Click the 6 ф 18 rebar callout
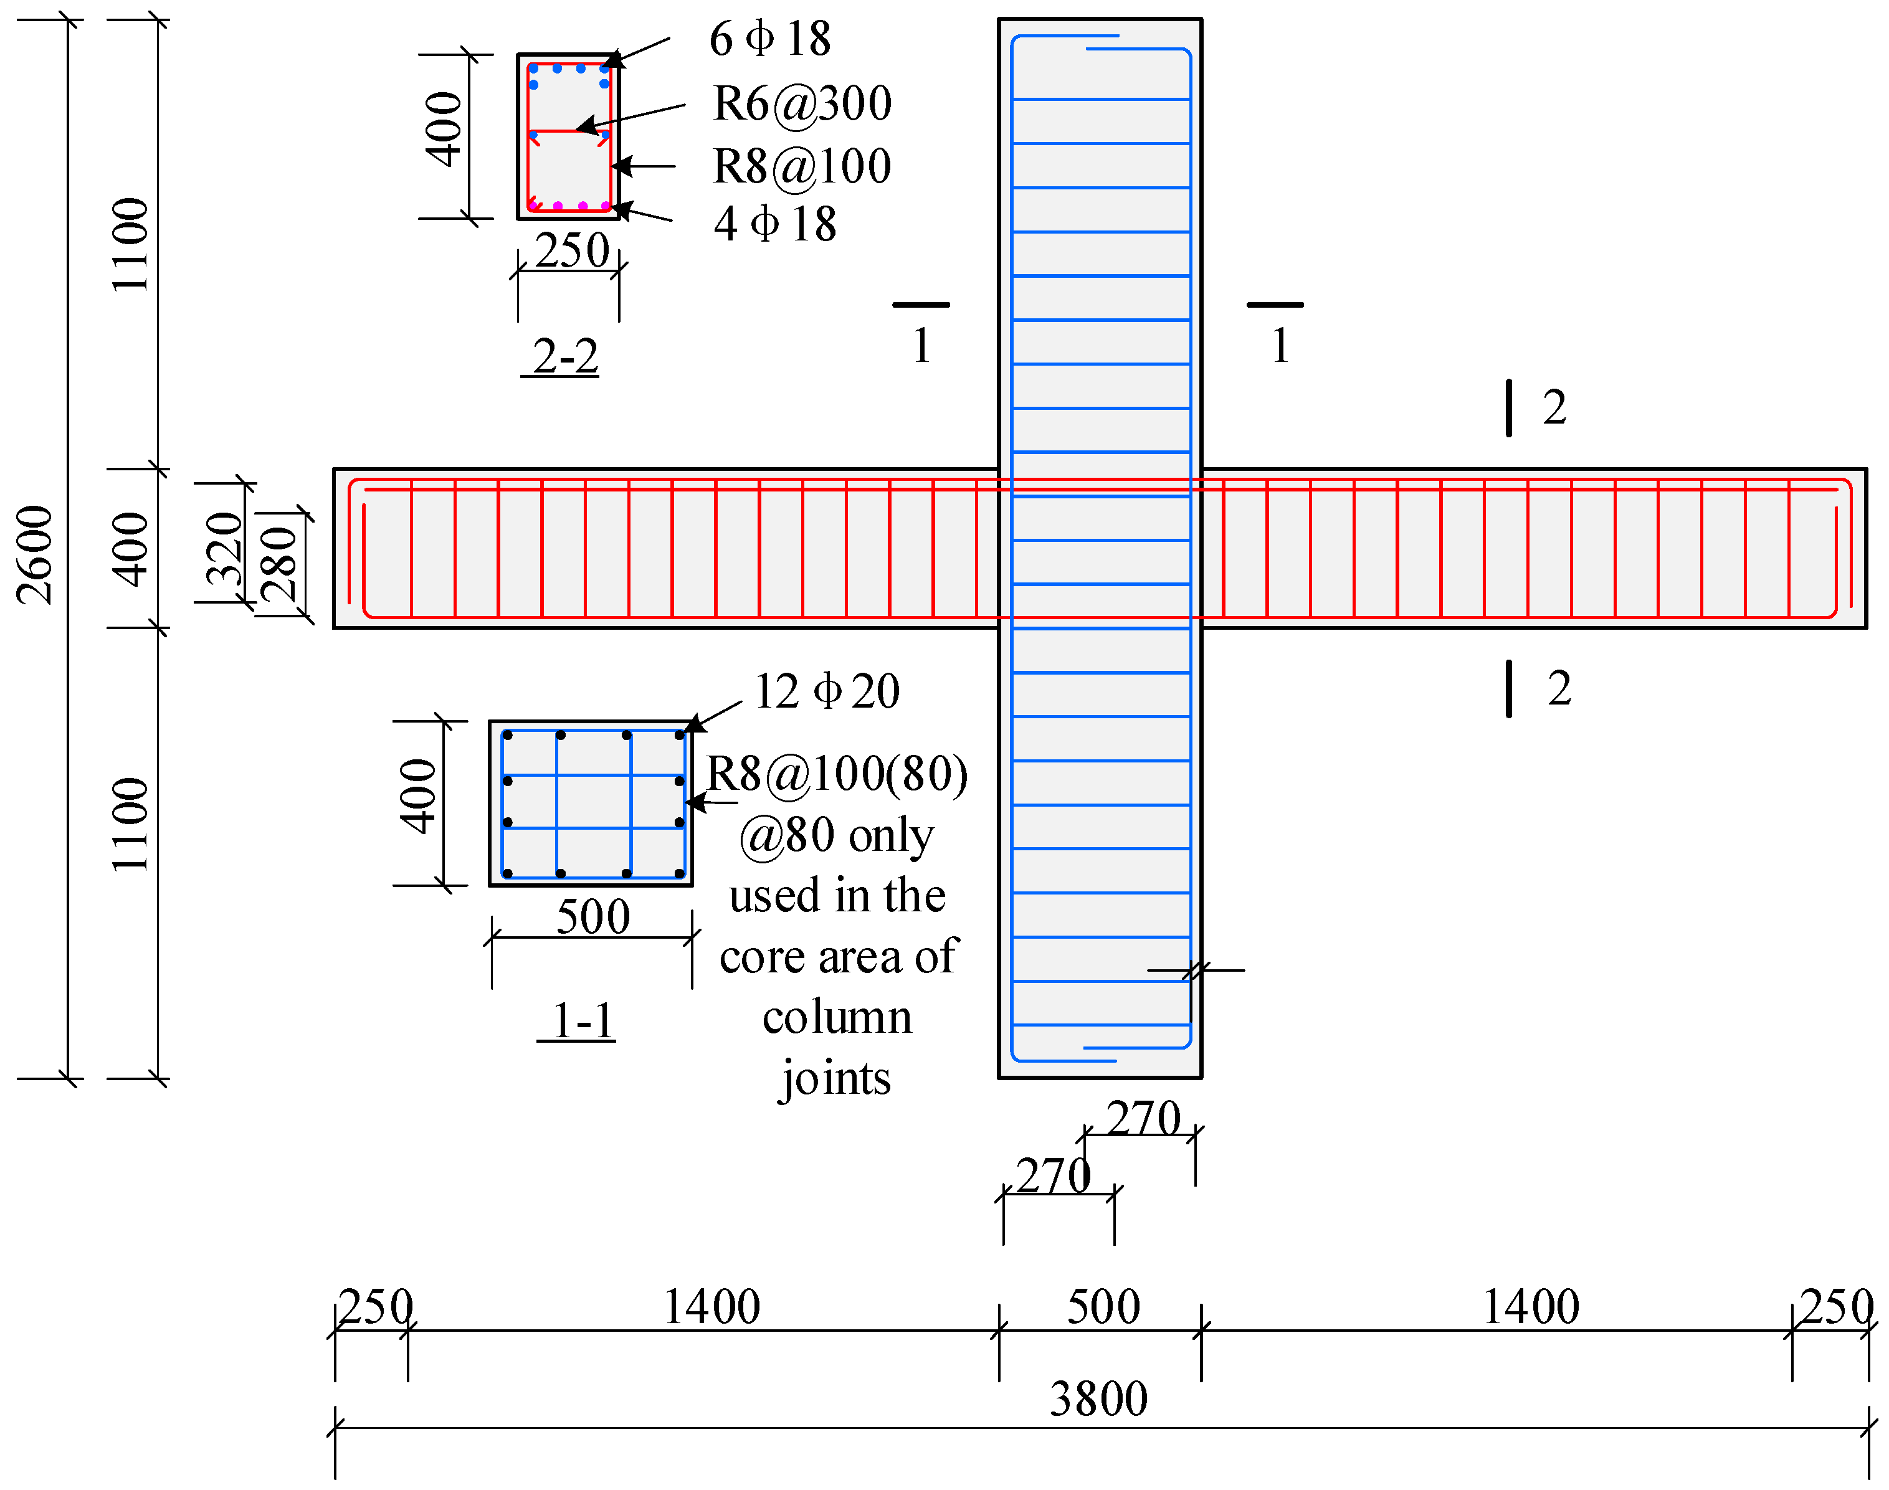click(x=769, y=39)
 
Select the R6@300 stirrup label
click(x=802, y=104)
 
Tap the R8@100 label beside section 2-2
click(x=802, y=166)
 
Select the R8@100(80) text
click(x=837, y=774)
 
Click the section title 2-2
click(x=565, y=357)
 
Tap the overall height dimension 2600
click(x=36, y=555)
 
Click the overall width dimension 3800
click(x=1098, y=1399)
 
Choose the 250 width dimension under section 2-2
click(x=571, y=251)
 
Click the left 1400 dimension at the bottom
click(x=711, y=1307)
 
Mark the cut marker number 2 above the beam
click(x=1554, y=407)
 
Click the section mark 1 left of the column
click(x=921, y=346)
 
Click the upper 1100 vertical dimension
click(x=131, y=244)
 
